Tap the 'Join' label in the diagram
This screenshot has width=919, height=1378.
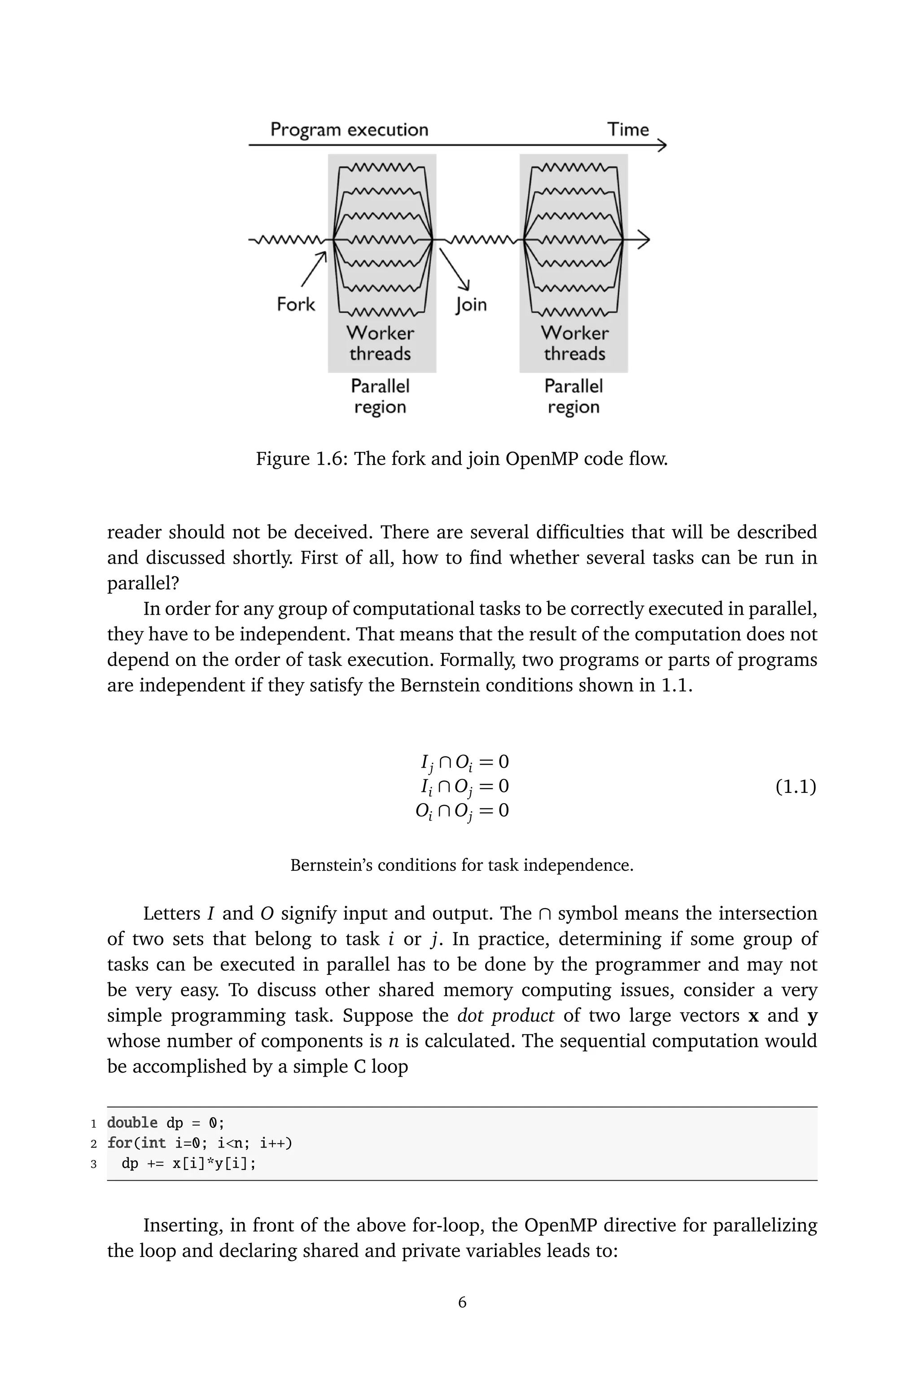tap(471, 305)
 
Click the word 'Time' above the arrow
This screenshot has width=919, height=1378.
tap(628, 130)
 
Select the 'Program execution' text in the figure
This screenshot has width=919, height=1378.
tap(349, 130)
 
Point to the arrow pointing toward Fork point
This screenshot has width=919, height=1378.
tap(314, 270)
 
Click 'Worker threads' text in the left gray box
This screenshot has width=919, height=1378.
tap(380, 343)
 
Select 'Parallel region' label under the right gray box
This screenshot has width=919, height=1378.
tap(573, 396)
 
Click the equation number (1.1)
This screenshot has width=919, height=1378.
tap(795, 787)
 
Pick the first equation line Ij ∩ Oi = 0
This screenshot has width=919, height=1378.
tap(464, 762)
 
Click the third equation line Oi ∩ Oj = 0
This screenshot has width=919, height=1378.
tap(462, 812)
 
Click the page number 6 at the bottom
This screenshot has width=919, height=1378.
tap(462, 1303)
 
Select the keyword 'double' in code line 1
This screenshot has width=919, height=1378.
tap(132, 1123)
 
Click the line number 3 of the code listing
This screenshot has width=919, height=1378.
tap(93, 1164)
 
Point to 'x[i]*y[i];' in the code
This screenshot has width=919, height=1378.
tap(214, 1164)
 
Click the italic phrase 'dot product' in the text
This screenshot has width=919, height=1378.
tap(505, 1016)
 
